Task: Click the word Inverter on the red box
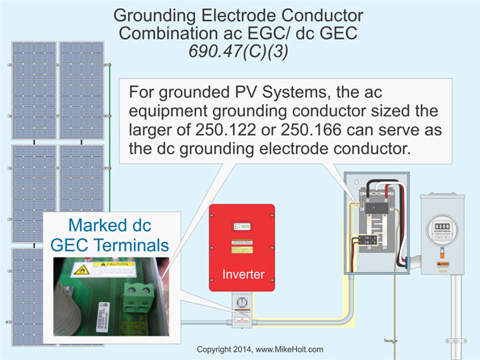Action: (243, 275)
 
